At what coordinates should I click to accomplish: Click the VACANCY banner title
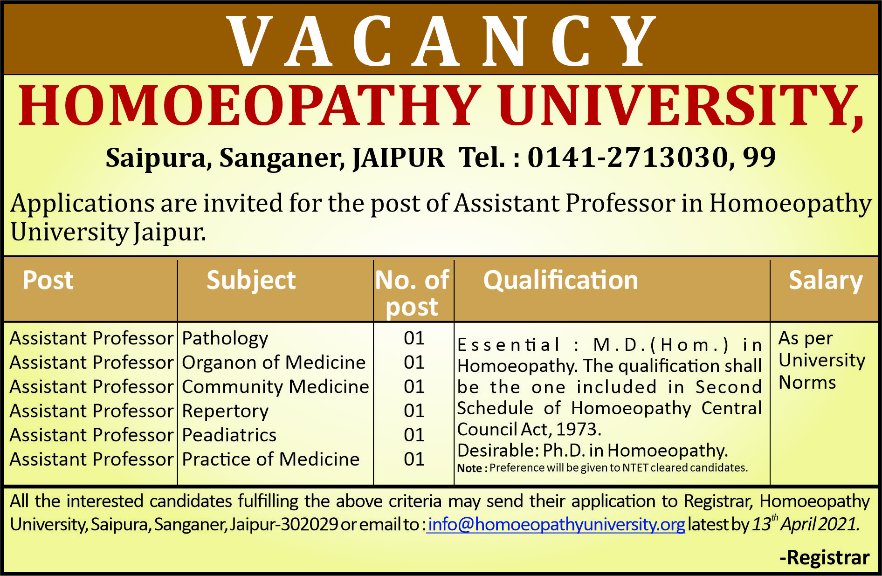click(441, 41)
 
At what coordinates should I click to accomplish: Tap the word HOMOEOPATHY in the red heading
click(249, 106)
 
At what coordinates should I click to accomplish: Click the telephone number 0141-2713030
click(627, 157)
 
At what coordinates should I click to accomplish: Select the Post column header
click(48, 280)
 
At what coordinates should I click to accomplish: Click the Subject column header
click(251, 280)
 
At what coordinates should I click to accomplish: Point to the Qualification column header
click(560, 280)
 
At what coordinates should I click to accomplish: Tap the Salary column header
click(825, 280)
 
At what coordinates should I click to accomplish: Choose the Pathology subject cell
click(225, 338)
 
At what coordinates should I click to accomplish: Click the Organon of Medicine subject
click(274, 363)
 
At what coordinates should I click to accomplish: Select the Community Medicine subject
click(275, 387)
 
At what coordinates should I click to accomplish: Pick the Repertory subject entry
click(225, 411)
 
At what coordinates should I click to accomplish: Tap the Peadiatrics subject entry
click(229, 435)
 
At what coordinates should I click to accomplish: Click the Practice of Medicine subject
click(270, 459)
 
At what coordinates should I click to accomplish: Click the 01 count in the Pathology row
click(414, 338)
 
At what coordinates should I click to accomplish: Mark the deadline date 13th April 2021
click(806, 524)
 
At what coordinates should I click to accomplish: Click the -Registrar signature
click(824, 558)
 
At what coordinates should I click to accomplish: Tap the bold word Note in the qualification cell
click(469, 468)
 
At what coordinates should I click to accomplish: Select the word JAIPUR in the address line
click(399, 158)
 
